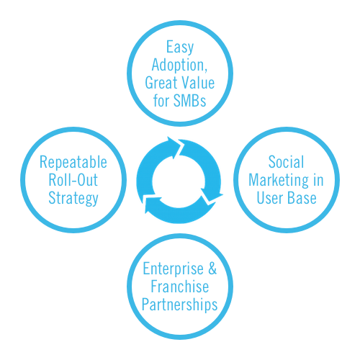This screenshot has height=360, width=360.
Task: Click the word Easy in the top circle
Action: pos(180,48)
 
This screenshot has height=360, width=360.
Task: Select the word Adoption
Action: pos(179,65)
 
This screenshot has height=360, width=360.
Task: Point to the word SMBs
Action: pos(189,100)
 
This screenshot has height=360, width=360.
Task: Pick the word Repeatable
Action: pos(73,163)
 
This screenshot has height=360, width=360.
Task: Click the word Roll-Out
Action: pos(73,180)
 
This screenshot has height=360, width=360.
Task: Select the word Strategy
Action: pos(73,199)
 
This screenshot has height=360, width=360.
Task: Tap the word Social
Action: pos(286,162)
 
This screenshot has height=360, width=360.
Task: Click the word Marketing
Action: pos(279,181)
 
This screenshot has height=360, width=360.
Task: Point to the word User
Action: pos(270,198)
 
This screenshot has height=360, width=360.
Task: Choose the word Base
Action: pos(302,198)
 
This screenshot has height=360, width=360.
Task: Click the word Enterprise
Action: pos(173,269)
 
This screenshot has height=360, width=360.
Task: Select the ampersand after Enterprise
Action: pos(212,269)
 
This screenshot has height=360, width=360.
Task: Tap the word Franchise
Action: pos(180,287)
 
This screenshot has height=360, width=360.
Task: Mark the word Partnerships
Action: pos(180,305)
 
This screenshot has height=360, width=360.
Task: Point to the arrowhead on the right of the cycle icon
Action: pos(212,194)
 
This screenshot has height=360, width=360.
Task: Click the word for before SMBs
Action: pos(161,100)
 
